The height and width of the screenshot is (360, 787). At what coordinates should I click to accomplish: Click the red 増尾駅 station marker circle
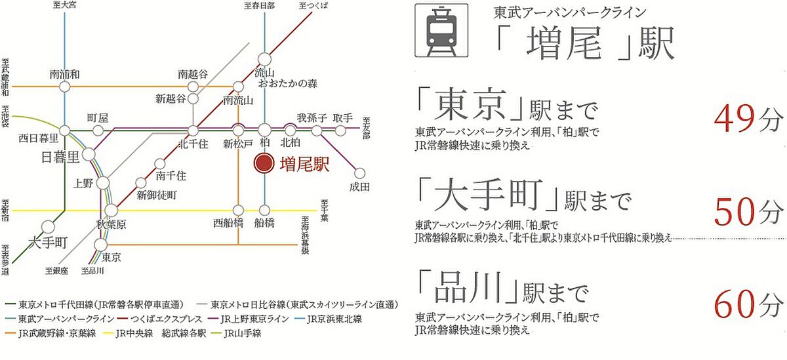point(264,164)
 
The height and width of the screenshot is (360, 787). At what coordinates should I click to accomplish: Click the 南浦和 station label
point(64,74)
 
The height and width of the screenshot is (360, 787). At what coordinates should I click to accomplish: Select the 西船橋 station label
point(228,222)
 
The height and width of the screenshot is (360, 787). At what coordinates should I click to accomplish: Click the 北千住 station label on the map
point(192,144)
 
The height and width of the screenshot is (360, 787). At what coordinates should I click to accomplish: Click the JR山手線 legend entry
point(242,334)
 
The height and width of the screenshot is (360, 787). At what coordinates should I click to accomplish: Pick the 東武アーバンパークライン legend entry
point(60,319)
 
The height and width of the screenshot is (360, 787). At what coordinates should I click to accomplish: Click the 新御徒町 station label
point(157,195)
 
